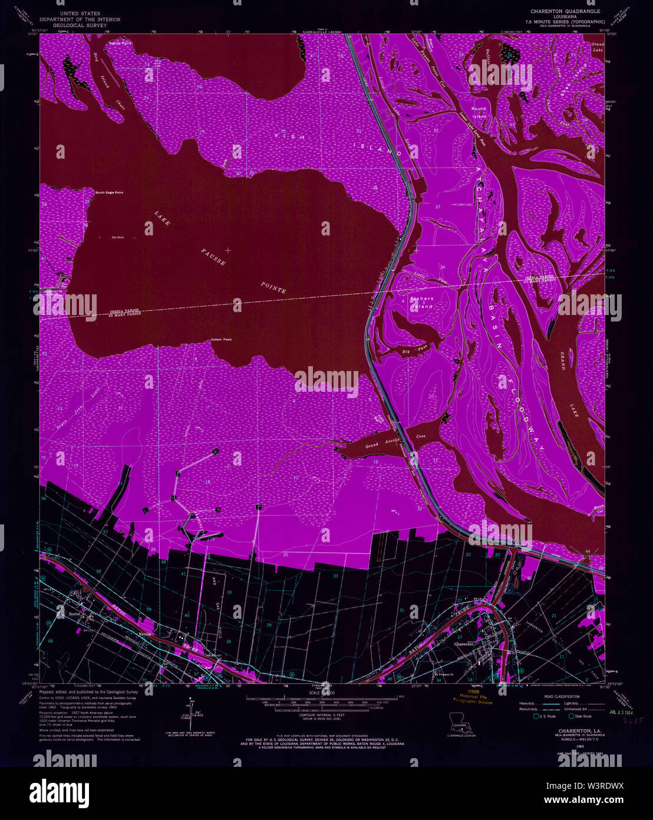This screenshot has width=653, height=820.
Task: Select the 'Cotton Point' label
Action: click(x=221, y=340)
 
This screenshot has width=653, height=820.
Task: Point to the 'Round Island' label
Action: click(x=479, y=113)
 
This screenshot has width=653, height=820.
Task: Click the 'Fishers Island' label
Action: click(x=422, y=302)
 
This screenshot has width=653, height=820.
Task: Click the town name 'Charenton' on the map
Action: click(x=464, y=644)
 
